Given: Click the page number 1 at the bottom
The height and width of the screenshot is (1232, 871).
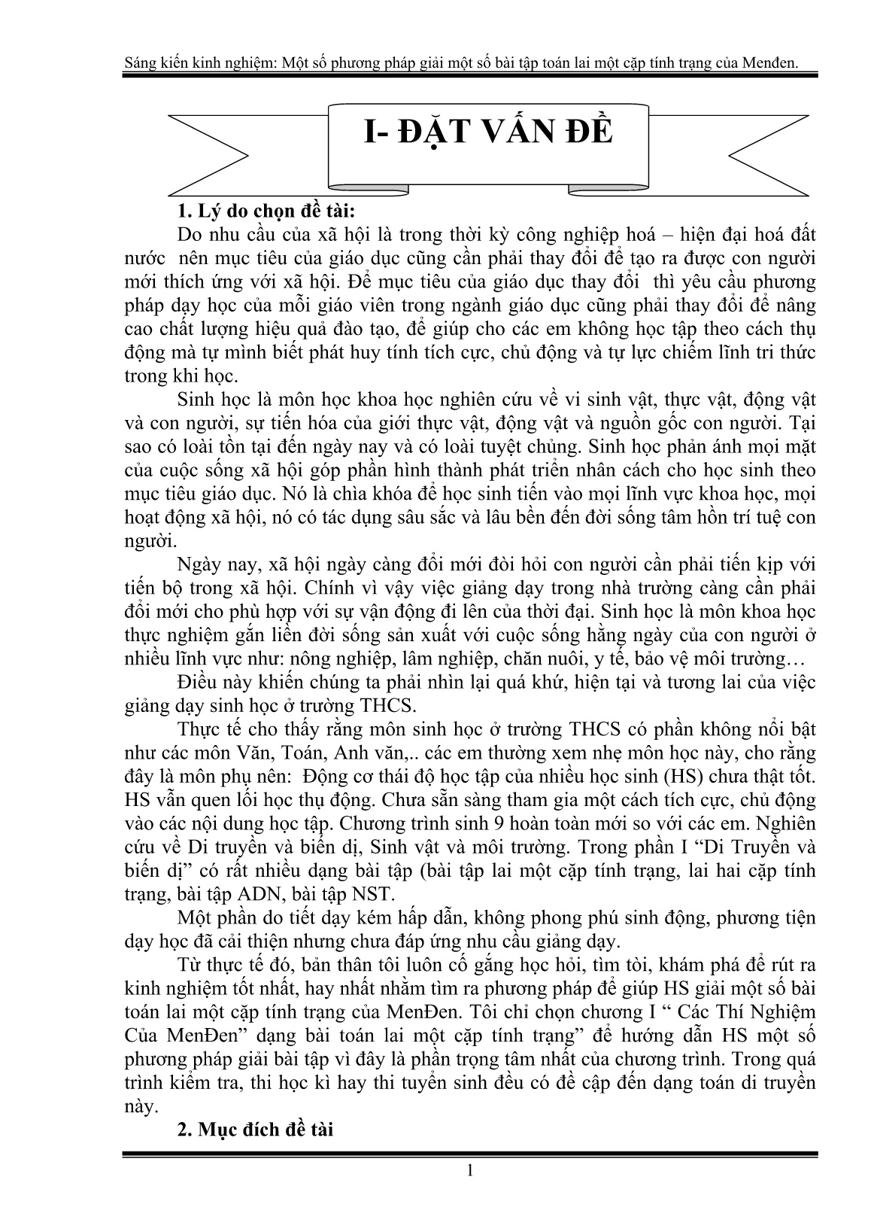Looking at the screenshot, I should click(x=470, y=1170).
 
